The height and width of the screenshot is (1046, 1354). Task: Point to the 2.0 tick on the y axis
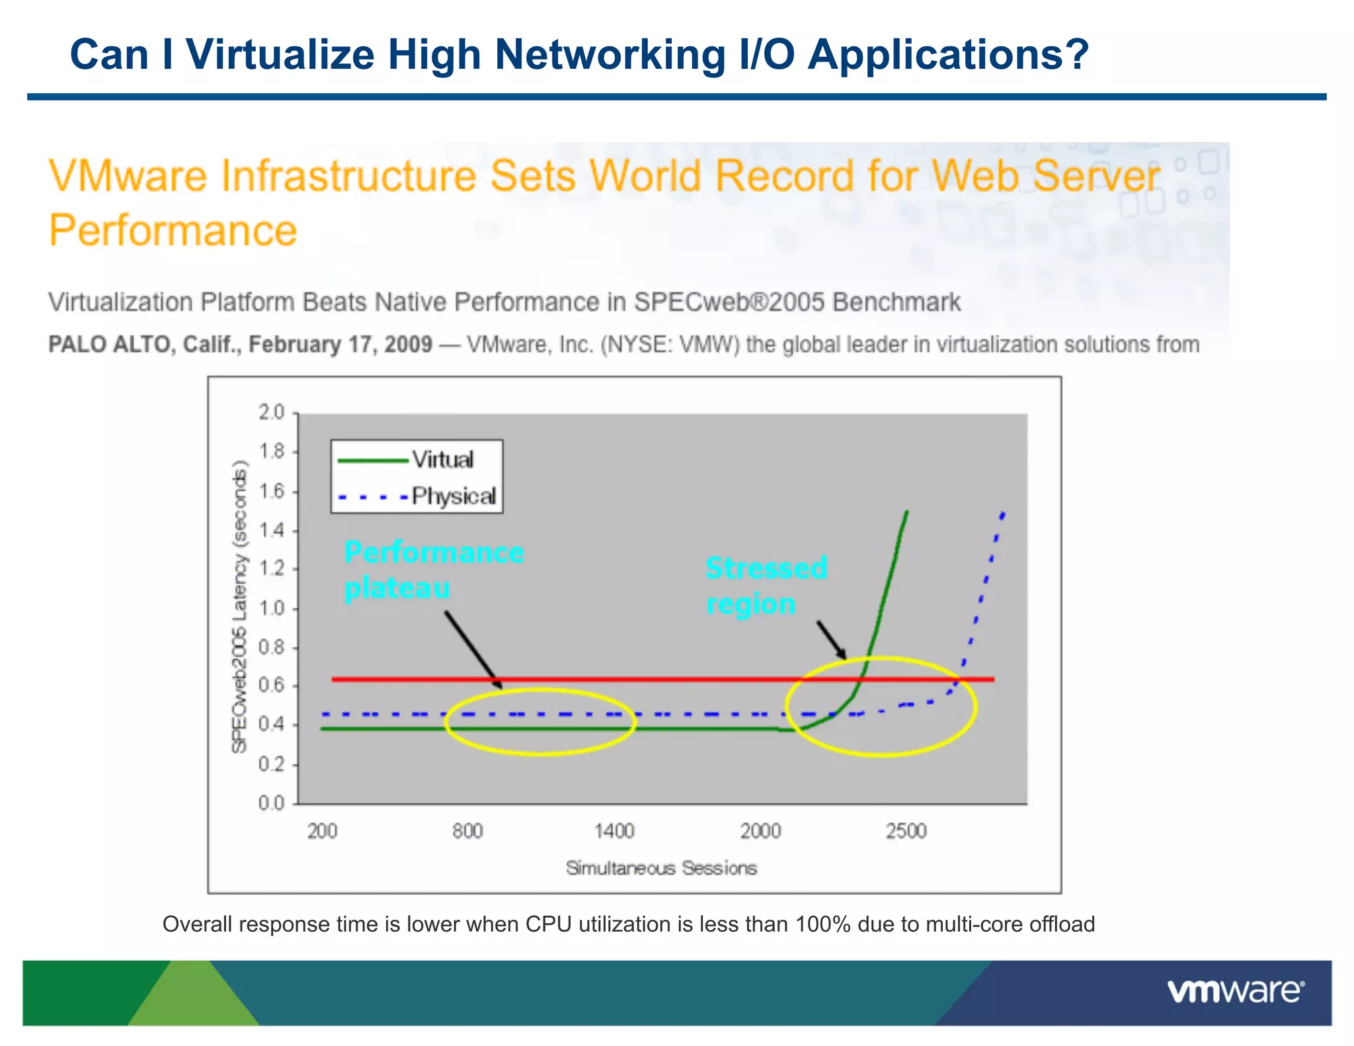(271, 413)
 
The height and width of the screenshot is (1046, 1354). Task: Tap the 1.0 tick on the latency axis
(271, 608)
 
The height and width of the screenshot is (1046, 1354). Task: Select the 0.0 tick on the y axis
(271, 803)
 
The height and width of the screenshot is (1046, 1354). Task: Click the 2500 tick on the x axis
(906, 831)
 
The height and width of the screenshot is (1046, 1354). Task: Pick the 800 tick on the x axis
(467, 831)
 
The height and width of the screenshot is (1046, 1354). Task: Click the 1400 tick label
(614, 831)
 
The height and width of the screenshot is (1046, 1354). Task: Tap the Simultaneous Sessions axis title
(661, 868)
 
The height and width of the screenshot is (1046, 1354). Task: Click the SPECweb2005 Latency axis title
(239, 607)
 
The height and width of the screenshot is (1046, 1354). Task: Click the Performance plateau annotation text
(433, 570)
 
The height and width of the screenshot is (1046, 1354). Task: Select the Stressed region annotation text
(766, 586)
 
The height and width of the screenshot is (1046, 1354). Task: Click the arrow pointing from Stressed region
(831, 639)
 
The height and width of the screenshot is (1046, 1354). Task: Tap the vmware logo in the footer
(1235, 992)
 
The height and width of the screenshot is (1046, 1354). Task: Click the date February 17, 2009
(340, 344)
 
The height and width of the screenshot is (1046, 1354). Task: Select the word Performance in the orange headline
(173, 231)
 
